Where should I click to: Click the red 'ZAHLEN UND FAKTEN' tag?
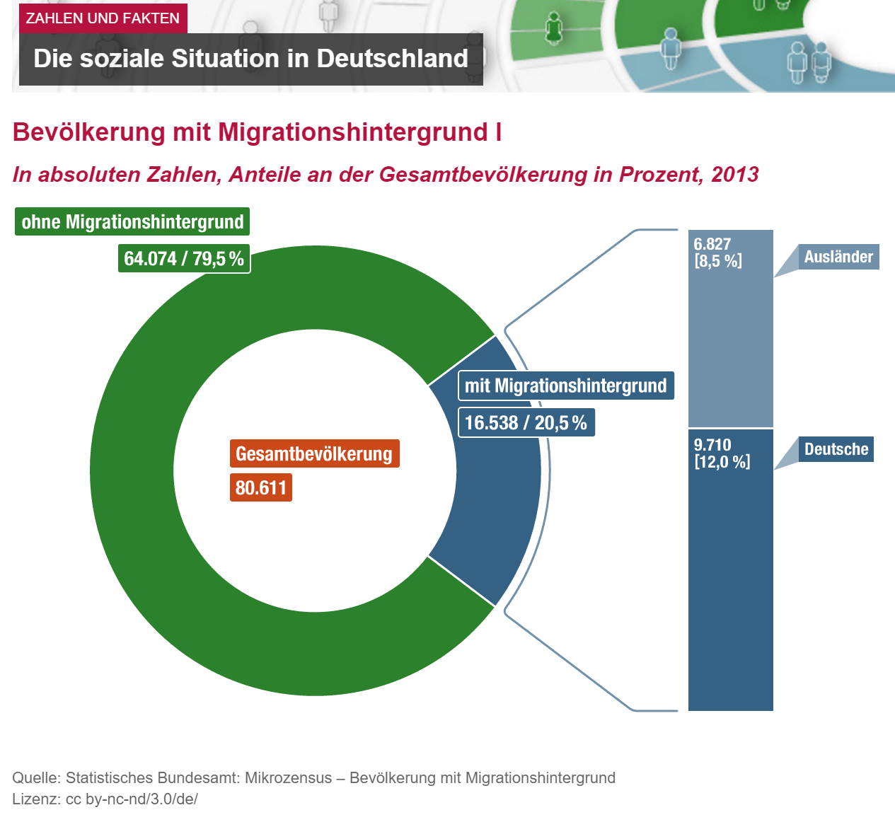coord(103,18)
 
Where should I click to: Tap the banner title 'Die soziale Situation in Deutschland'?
coord(250,59)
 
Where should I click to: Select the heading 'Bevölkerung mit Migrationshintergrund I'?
coord(258,132)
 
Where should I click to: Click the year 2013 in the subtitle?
coord(735,175)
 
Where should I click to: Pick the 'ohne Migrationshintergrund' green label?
coord(132,222)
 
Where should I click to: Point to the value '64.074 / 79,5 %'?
coord(184,259)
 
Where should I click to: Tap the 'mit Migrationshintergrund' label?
coord(565,386)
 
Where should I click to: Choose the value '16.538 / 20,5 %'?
coord(526,423)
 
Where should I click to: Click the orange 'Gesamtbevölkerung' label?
coord(314,454)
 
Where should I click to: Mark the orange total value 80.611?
coord(260,488)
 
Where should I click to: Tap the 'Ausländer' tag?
coord(838,257)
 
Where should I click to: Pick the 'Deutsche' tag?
coord(836,449)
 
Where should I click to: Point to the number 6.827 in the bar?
coord(712,244)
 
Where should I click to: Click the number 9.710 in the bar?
coord(712,445)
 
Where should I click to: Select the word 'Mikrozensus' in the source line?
coord(288,778)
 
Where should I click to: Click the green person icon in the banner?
coord(553,28)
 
